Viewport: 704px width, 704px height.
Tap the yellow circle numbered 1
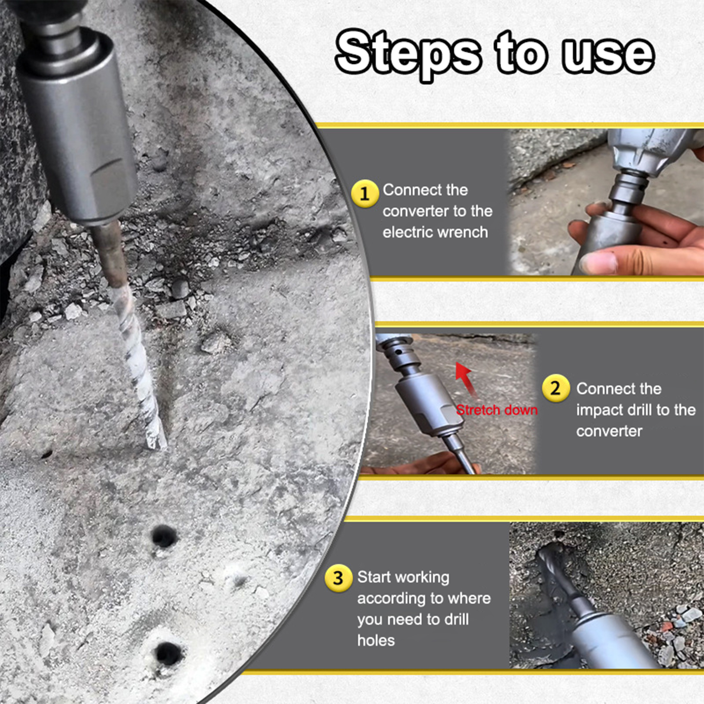pos(365,194)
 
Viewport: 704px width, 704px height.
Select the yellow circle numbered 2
pos(556,388)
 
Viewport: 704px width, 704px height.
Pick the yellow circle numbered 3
pos(338,578)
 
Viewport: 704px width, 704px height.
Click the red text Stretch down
pos(497,410)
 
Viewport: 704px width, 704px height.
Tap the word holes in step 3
pos(376,640)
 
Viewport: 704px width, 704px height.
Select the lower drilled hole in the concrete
pos(168,653)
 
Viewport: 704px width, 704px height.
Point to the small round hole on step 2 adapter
pos(398,352)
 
